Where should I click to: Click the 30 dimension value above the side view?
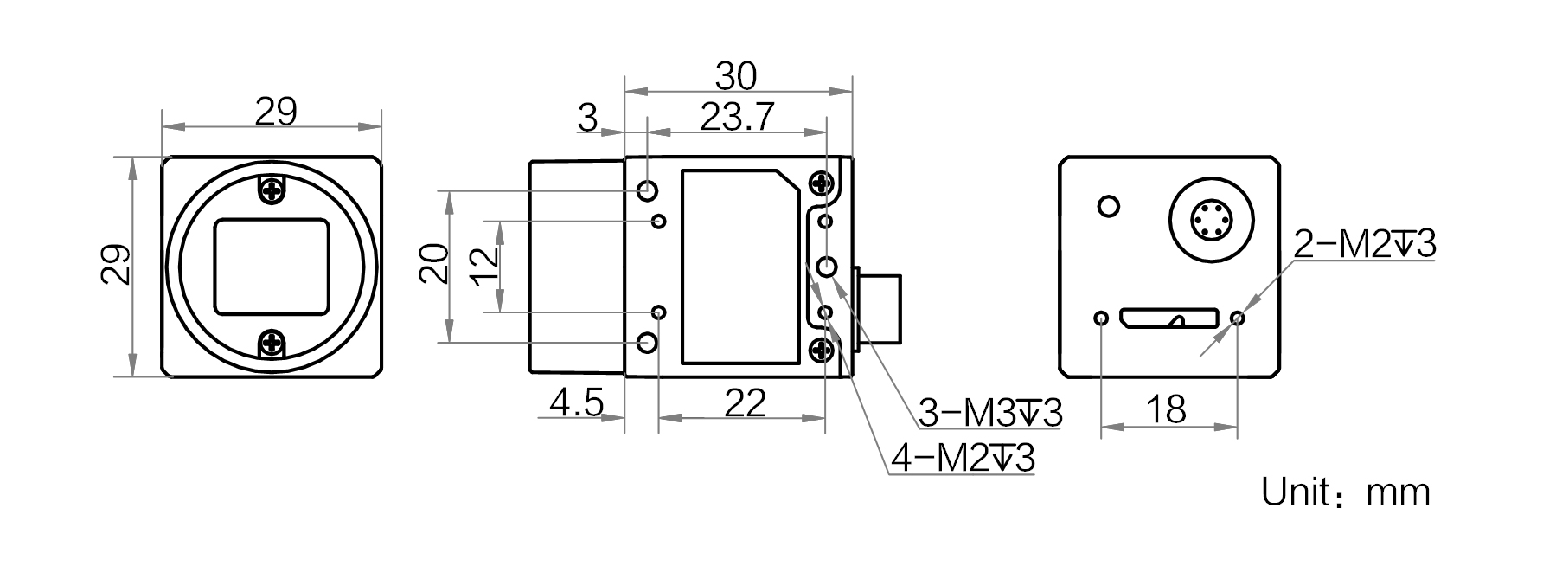click(x=736, y=76)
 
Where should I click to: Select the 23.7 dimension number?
click(x=737, y=117)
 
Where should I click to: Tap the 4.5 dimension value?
click(x=576, y=403)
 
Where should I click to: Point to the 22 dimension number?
click(x=746, y=403)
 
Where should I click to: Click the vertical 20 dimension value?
click(x=435, y=264)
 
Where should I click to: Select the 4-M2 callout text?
click(x=963, y=459)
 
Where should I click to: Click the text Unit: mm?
click(x=1346, y=492)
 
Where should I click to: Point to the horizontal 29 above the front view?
click(x=276, y=112)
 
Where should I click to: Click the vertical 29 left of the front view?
click(x=116, y=265)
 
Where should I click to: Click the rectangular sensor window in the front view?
click(x=272, y=266)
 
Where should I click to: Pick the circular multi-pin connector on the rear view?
click(x=1210, y=220)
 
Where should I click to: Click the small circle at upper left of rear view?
click(x=1107, y=206)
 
